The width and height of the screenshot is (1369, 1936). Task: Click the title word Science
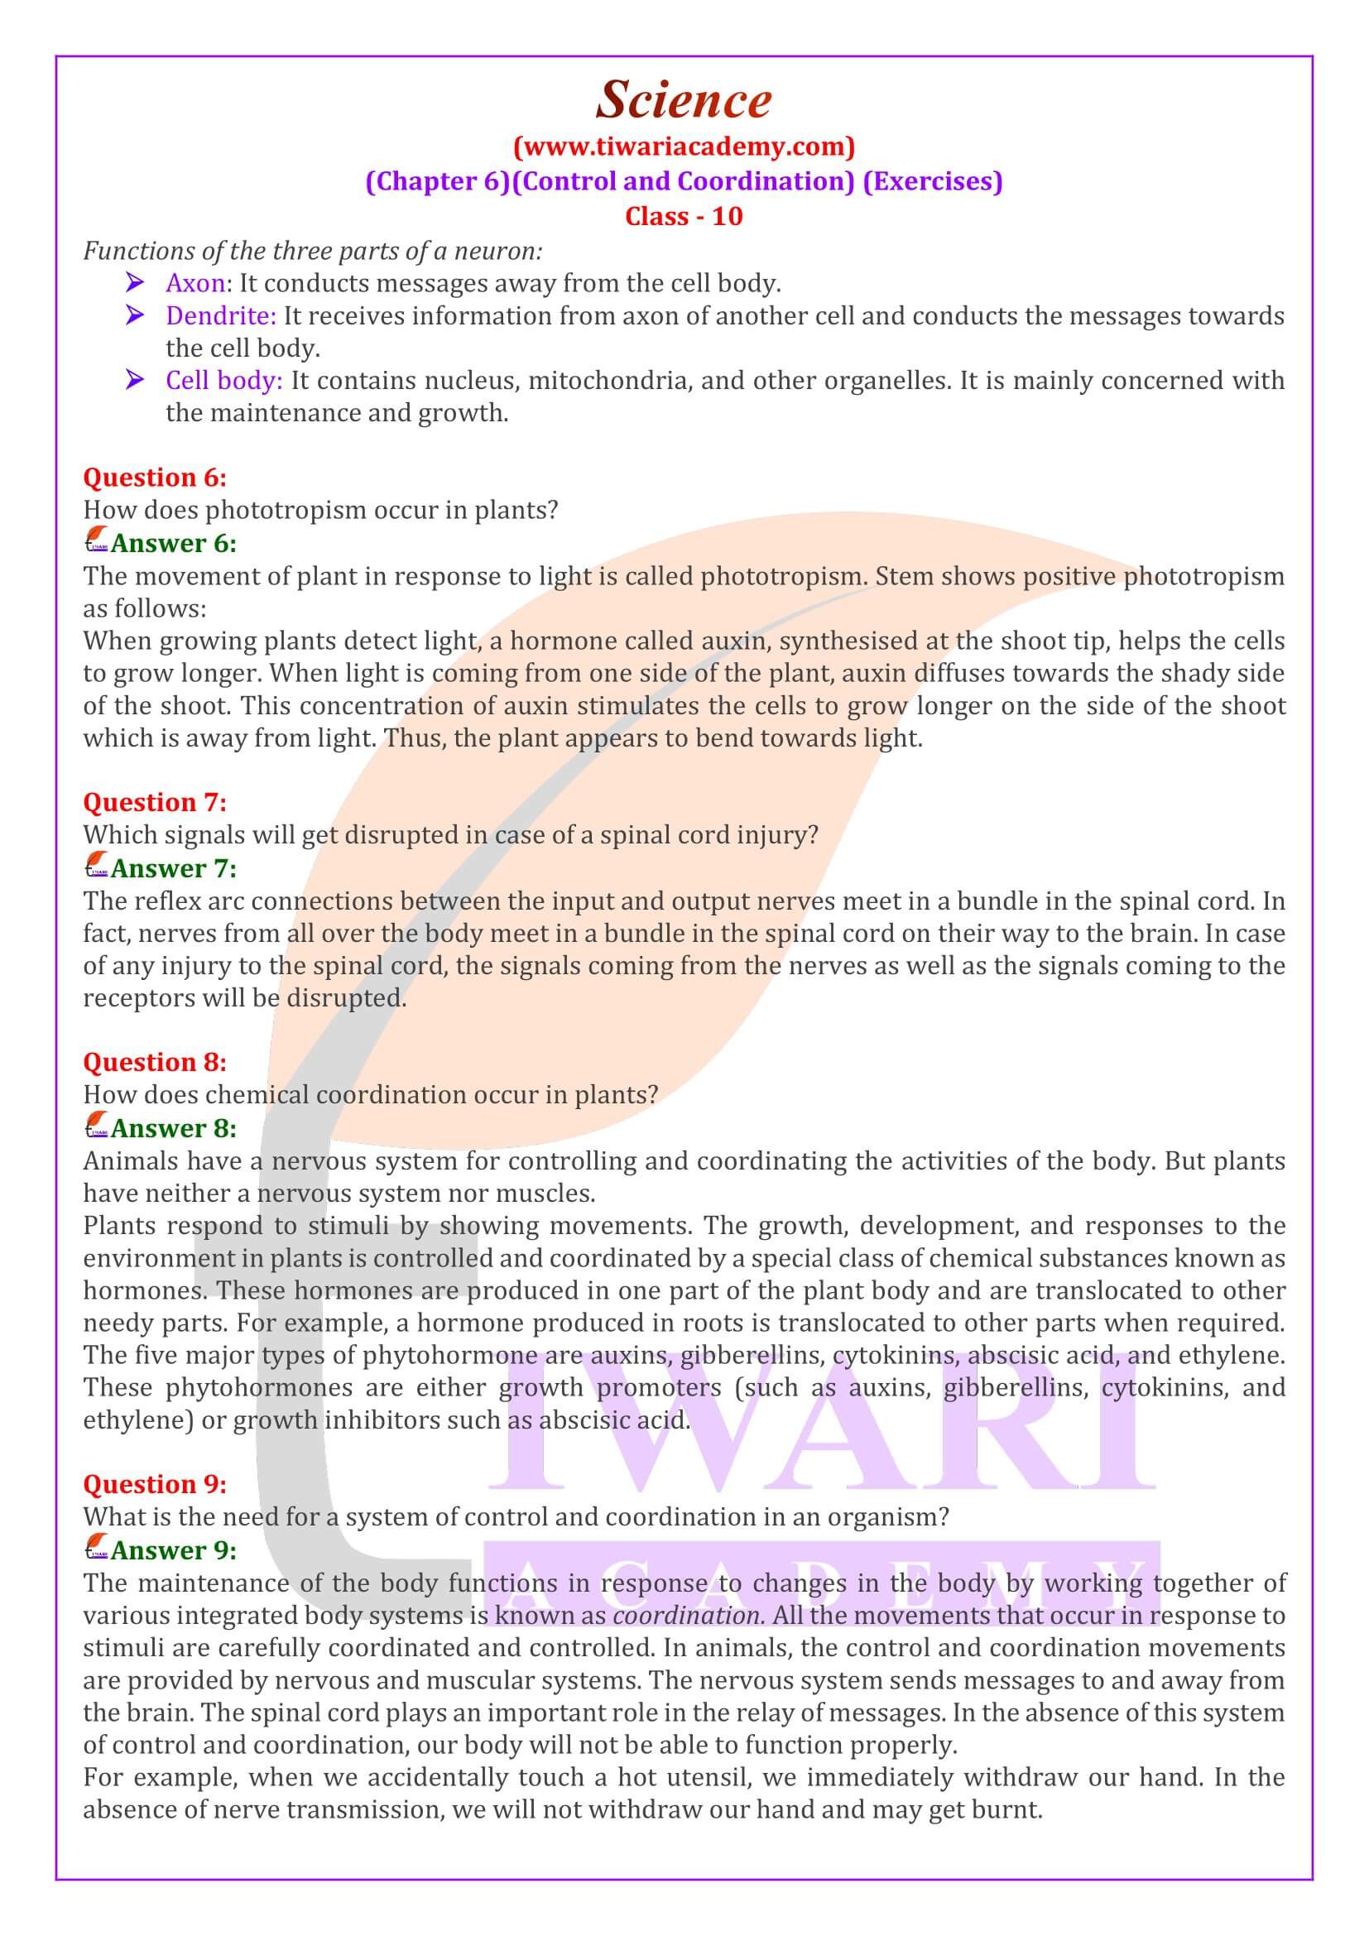[684, 100]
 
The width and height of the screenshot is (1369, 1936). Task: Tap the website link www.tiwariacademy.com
[684, 147]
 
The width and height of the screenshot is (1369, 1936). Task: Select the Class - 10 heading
[684, 217]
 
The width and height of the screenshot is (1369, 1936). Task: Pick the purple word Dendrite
[220, 316]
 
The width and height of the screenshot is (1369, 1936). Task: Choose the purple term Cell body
[223, 381]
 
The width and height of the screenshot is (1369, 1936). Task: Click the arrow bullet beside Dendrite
[134, 316]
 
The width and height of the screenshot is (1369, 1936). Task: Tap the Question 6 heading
[155, 478]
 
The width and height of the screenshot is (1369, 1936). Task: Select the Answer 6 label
[174, 544]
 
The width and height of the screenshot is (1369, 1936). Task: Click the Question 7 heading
[155, 803]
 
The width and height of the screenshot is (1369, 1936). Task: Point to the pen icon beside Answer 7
[96, 867]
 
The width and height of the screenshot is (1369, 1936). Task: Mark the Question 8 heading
[155, 1063]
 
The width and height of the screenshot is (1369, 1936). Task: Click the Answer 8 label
[174, 1128]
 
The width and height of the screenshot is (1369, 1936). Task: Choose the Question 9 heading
[155, 1484]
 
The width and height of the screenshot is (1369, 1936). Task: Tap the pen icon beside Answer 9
[96, 1549]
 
